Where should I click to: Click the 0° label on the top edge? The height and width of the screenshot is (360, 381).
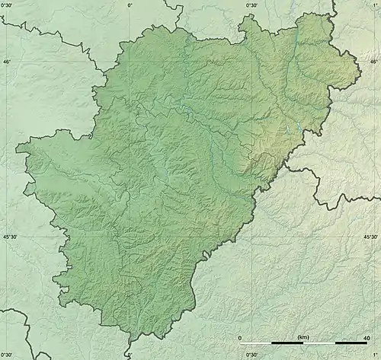point(130,5)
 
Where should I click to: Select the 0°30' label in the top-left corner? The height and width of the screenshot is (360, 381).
point(8,5)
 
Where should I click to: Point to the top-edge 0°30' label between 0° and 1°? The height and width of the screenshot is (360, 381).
point(252,5)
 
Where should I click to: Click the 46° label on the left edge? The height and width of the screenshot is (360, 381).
point(7,62)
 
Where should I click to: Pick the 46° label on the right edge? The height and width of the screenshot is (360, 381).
point(373,62)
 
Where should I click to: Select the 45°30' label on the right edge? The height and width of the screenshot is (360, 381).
point(370,237)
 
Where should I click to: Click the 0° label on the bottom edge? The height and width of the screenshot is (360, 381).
point(130,355)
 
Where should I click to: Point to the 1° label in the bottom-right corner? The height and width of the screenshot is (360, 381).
point(375,355)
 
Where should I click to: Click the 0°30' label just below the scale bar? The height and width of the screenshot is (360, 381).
point(252,355)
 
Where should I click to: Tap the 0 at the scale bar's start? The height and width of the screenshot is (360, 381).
point(241,337)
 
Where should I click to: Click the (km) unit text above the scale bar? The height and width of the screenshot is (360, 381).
point(303,337)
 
